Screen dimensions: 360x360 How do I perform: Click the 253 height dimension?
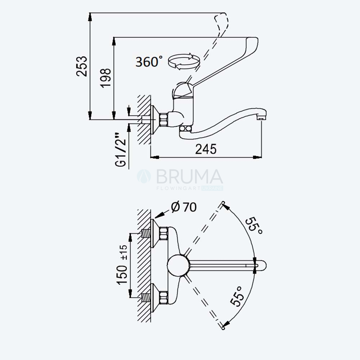pos(82,66)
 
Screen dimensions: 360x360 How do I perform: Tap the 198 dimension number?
pos(105,78)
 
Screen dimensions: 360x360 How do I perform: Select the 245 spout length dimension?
pos(206,149)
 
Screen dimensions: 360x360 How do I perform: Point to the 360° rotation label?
pos(149,62)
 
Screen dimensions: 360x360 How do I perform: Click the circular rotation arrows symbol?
pos(184,61)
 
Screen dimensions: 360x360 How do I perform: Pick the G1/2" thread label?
pos(121,150)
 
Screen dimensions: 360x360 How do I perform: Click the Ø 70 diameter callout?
pos(184,207)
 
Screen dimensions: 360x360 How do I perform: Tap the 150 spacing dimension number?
pos(122,275)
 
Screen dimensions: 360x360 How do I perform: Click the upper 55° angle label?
pos(253,226)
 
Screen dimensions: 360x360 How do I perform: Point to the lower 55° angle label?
pos(237,296)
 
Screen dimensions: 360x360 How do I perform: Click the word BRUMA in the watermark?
pos(190,177)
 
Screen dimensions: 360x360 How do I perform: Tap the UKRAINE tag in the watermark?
pos(212,188)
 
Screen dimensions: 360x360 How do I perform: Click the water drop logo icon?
pos(144,176)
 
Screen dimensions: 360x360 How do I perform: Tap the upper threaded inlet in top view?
pos(145,234)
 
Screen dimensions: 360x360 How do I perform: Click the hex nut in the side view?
pos(163,120)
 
